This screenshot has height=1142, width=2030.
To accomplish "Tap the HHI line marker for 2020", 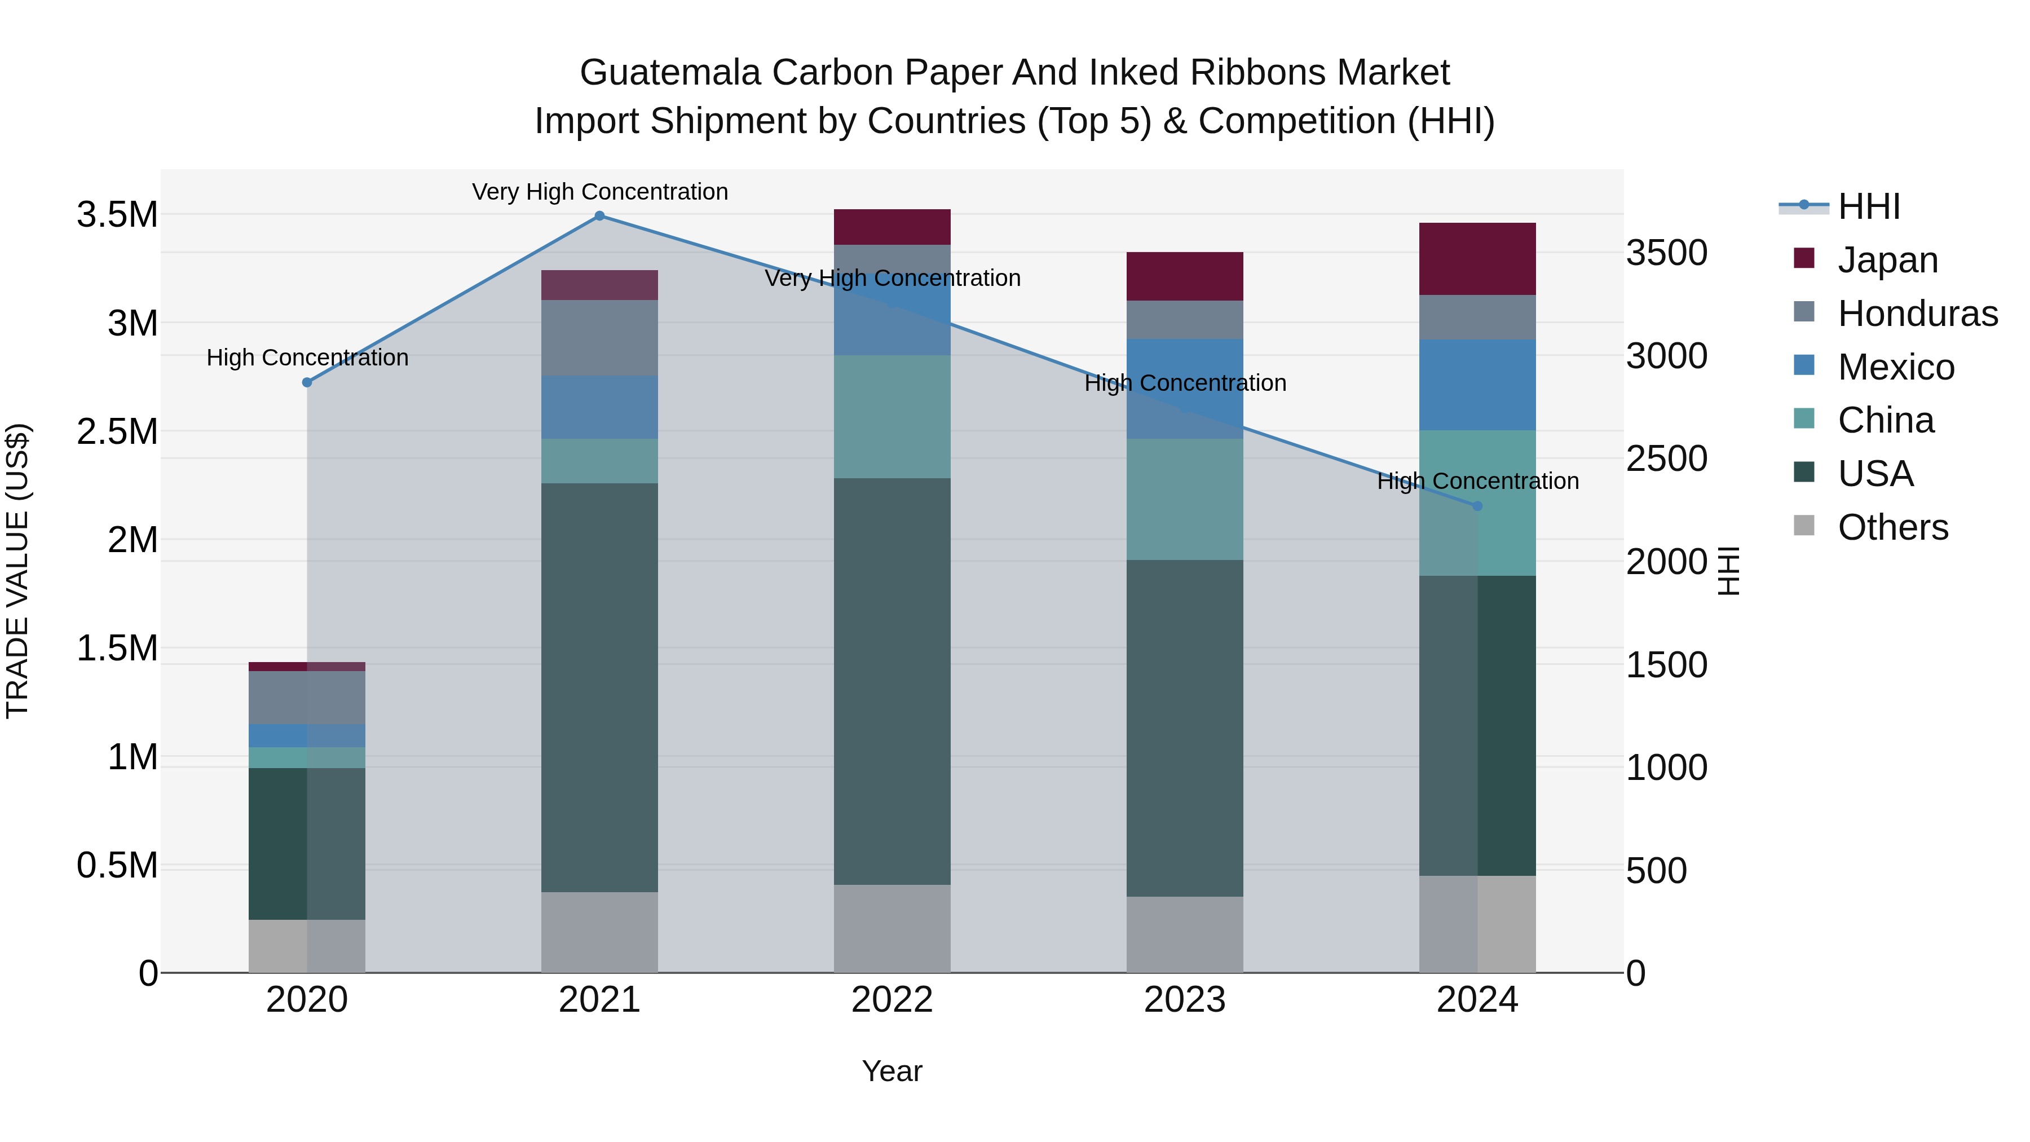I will [307, 382].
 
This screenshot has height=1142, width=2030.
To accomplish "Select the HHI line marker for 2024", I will [1477, 506].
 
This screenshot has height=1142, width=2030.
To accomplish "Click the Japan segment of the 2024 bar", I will [1477, 258].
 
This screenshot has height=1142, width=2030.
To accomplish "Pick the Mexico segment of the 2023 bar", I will [1184, 389].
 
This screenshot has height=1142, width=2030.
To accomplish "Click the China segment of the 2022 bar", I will [892, 416].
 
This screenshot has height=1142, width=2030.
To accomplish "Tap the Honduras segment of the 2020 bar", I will [307, 698].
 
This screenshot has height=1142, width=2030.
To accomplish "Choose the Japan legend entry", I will [1887, 259].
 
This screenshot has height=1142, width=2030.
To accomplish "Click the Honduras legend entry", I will [1917, 313].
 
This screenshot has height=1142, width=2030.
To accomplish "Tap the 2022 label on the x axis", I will [892, 1000].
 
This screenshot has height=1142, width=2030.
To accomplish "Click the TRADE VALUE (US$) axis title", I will [17, 571].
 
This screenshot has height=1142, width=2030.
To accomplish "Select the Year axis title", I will [892, 1071].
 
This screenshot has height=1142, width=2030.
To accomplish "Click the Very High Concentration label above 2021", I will [600, 192].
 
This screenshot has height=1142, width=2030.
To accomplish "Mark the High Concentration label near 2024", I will [1477, 480].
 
